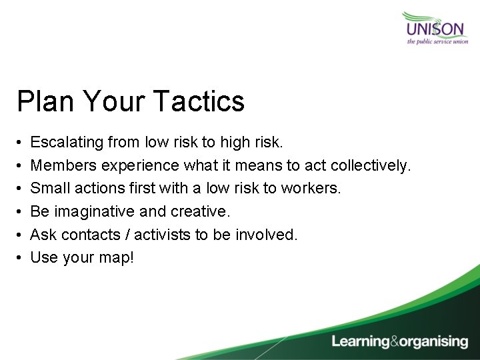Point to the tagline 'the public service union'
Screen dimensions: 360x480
[437, 41]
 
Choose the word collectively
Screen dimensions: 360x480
[373, 165]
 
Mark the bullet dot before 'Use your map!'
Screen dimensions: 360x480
[21, 258]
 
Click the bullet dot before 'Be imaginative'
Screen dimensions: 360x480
[21, 212]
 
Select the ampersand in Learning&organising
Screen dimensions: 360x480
[396, 342]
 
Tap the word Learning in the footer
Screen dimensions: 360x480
[361, 342]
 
